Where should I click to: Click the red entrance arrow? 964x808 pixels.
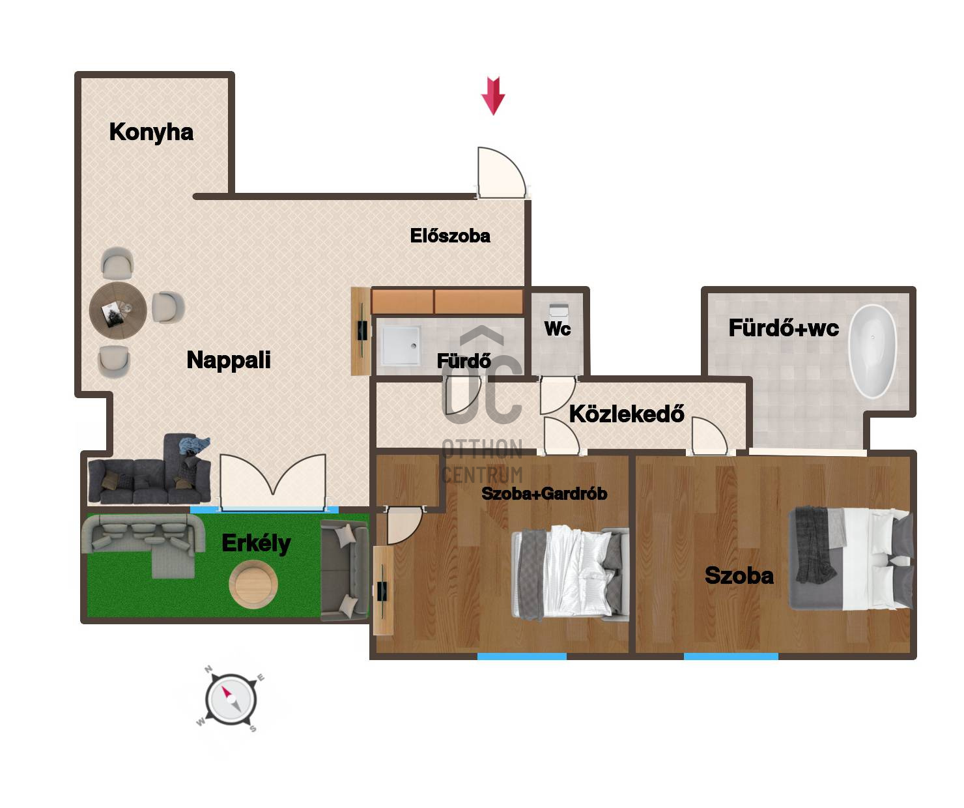[492, 96]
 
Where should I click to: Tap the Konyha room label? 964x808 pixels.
[151, 132]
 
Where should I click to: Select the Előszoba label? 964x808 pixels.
[450, 236]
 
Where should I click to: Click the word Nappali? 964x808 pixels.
[229, 360]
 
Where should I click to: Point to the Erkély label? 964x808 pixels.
[256, 543]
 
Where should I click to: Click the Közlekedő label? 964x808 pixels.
[627, 414]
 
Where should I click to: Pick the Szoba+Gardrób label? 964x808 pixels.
[544, 493]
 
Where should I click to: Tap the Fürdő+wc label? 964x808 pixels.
[784, 328]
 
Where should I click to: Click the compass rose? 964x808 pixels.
[231, 699]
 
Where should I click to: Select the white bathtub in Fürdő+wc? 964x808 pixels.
[872, 351]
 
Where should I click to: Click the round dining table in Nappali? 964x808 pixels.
[118, 310]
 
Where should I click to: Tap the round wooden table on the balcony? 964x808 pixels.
[253, 584]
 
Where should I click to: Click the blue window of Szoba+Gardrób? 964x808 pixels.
[522, 656]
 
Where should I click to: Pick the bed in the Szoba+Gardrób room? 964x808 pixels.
[570, 573]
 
